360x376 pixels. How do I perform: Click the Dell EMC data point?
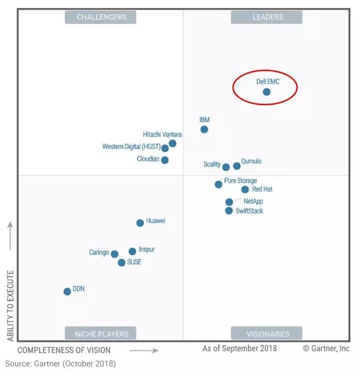click(x=267, y=92)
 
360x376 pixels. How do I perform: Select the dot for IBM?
click(x=204, y=129)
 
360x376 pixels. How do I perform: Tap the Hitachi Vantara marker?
click(x=172, y=143)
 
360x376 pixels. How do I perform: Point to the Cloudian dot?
click(x=165, y=160)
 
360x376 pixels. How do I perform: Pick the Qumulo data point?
click(x=237, y=166)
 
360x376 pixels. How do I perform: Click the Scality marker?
click(x=226, y=167)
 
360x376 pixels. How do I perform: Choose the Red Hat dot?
click(x=245, y=190)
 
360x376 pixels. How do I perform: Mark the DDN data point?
click(x=67, y=292)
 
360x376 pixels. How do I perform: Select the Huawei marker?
click(x=140, y=223)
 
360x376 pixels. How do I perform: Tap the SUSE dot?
click(x=122, y=263)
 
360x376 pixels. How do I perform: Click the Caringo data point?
click(x=114, y=254)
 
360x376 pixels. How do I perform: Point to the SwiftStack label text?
click(x=249, y=211)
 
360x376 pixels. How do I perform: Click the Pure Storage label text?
click(x=240, y=181)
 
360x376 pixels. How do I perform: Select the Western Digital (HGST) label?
click(x=129, y=147)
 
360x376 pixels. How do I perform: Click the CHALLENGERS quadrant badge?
click(x=101, y=17)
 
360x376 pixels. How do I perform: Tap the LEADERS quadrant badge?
click(x=267, y=17)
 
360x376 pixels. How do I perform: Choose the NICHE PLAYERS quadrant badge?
click(x=101, y=334)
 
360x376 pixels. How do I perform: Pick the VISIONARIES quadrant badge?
click(x=267, y=334)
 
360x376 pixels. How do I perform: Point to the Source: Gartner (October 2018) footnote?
click(x=60, y=364)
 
